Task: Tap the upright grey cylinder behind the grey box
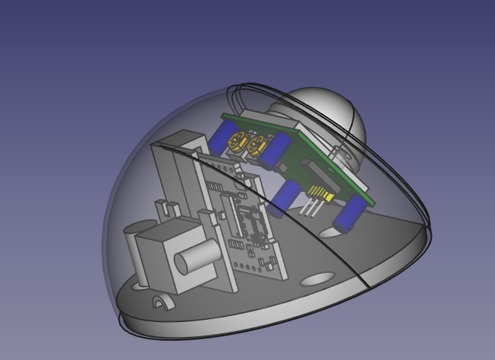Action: pos(131,249)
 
